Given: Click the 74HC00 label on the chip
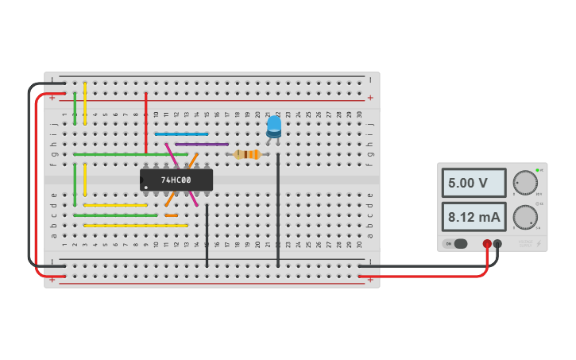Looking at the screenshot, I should pyautogui.click(x=176, y=180).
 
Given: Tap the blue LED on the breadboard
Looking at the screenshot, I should pyautogui.click(x=273, y=126).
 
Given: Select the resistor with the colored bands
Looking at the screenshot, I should pyautogui.click(x=247, y=154).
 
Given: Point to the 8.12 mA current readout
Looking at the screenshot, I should pyautogui.click(x=474, y=216).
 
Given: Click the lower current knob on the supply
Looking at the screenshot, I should pyautogui.click(x=524, y=216).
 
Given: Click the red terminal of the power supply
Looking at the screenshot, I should pyautogui.click(x=487, y=244).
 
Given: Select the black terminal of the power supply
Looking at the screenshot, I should pyautogui.click(x=498, y=244).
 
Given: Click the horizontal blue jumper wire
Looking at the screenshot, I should pyautogui.click(x=182, y=134).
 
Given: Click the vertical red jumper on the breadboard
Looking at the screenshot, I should pyautogui.click(x=146, y=123).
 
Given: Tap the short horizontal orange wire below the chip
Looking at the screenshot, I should pyautogui.click(x=172, y=215).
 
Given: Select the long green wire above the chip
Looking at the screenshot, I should pyautogui.click(x=131, y=154).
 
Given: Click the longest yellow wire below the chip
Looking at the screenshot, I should pyautogui.click(x=136, y=226).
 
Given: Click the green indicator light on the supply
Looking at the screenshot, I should pyautogui.click(x=538, y=170).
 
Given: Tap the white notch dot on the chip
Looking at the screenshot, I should pyautogui.click(x=145, y=188).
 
